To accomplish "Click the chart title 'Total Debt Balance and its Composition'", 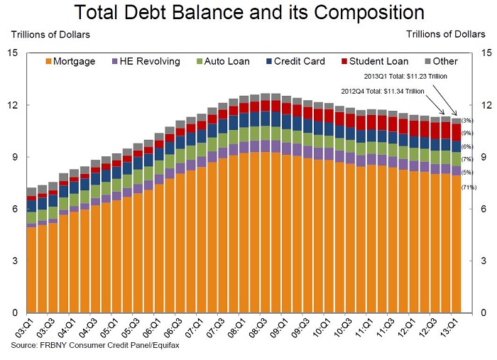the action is (248, 13).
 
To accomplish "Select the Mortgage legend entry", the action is (70, 61).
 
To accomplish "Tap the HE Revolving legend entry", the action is (146, 61).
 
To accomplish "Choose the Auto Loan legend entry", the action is (223, 61).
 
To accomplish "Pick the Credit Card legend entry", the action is (296, 61).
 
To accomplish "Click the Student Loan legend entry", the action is (375, 61).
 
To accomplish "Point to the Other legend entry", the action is (441, 61).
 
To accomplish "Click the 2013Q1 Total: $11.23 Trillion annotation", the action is (405, 77).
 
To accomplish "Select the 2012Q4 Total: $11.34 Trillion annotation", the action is (383, 92).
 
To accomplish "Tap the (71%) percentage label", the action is (469, 187).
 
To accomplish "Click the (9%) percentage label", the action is (467, 133).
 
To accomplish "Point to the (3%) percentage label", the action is (467, 121).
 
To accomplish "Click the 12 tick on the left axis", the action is (13, 105).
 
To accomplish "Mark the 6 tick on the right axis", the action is (484, 209).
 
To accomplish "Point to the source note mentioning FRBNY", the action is (95, 345).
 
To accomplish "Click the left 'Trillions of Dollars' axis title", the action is (50, 35).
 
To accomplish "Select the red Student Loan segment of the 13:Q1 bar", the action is (456, 133).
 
